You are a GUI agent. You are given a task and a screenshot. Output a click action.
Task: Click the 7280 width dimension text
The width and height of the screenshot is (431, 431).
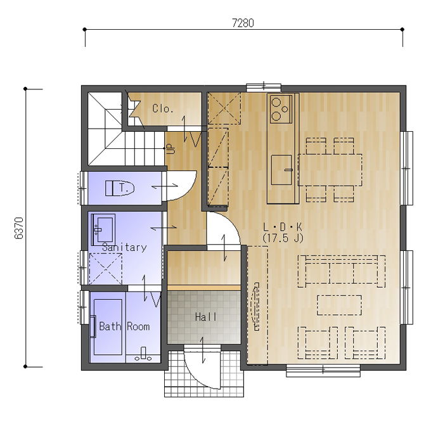pos(243,23)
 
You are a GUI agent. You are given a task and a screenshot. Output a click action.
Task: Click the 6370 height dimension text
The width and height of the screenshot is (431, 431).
pos(19,228)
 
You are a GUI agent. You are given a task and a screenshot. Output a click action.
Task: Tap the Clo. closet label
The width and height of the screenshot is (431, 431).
pos(163,108)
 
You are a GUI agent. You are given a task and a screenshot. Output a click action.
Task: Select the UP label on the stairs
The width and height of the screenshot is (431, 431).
pos(171,149)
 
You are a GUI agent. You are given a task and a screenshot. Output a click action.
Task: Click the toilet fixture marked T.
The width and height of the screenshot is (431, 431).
pos(120,188)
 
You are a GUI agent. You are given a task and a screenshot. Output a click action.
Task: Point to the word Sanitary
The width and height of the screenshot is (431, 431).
pos(124,247)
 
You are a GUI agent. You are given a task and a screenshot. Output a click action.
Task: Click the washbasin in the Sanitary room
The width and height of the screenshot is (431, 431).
pos(103,229)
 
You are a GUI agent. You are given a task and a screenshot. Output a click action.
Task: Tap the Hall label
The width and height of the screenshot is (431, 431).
pos(205,317)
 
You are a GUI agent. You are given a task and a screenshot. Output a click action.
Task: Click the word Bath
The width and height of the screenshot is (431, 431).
pos(110,326)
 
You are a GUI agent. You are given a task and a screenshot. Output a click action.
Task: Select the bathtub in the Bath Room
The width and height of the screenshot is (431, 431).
pos(108,327)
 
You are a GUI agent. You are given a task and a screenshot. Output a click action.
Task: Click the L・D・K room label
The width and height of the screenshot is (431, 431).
pos(283,227)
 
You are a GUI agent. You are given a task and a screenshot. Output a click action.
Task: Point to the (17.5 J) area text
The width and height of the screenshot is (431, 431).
pos(283,238)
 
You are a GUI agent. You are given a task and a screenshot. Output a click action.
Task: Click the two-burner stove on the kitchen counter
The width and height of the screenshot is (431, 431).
pos(281,109)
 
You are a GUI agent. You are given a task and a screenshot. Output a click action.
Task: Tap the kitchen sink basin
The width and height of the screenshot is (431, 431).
pos(282,170)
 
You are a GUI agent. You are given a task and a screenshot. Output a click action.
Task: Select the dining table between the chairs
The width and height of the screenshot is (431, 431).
pos(330,170)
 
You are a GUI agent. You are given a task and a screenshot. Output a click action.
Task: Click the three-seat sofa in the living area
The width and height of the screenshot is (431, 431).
pos(342,271)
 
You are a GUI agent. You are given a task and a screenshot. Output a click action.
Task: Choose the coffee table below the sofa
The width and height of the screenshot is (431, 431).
pos(339,305)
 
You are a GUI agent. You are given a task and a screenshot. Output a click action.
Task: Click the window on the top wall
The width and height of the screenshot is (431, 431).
pos(264,87)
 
